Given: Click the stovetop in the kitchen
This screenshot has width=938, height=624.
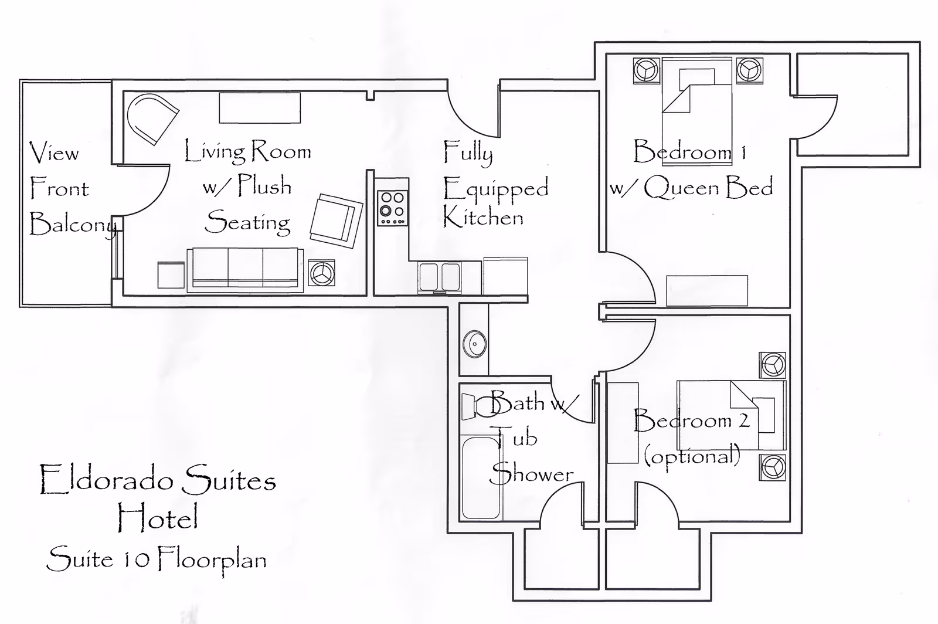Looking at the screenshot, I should click(393, 208).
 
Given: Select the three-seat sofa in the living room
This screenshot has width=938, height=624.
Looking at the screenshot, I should click(245, 269).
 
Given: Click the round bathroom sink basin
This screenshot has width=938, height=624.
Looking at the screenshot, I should click(474, 344).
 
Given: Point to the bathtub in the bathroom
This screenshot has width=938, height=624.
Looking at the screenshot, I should click(481, 477).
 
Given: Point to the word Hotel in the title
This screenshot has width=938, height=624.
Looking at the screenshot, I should click(157, 518).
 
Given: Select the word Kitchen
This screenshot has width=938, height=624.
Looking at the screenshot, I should click(482, 218).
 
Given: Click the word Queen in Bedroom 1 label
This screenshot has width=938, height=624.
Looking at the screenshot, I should click(681, 188).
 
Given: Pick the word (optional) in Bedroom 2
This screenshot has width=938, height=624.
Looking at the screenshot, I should click(692, 456).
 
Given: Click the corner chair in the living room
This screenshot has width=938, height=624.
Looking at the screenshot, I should click(150, 118).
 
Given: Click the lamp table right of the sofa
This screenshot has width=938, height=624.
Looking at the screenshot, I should click(322, 273).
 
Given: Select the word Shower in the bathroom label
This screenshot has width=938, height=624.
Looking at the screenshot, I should click(531, 474).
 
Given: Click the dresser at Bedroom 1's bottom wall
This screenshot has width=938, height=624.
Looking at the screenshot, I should click(707, 290).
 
